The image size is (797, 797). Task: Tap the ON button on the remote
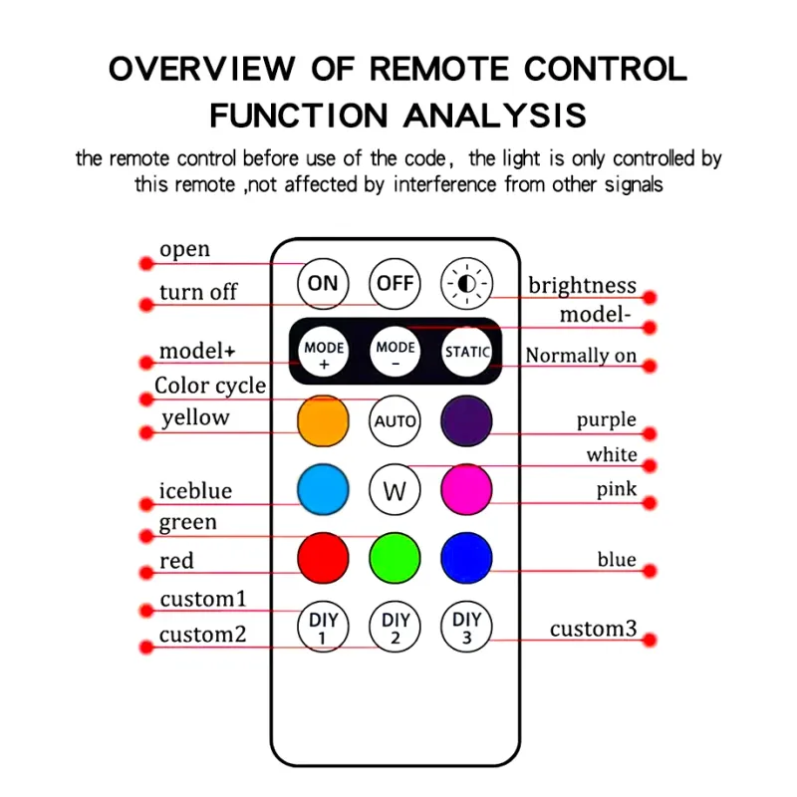[323, 284]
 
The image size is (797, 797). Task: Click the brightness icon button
[467, 284]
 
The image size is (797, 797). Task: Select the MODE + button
[324, 354]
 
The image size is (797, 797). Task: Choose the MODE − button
[396, 354]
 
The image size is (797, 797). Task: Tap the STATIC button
[467, 352]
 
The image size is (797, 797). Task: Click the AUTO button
[396, 421]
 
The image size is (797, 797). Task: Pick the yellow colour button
[324, 421]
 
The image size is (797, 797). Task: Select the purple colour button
[467, 421]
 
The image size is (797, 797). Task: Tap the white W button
[396, 490]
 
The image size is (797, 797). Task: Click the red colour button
[324, 558]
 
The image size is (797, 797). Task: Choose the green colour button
[396, 558]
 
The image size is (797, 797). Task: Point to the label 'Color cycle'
[210, 387]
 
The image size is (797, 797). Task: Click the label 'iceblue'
[195, 490]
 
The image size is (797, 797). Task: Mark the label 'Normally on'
[581, 356]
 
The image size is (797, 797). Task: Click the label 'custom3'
[593, 629]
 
